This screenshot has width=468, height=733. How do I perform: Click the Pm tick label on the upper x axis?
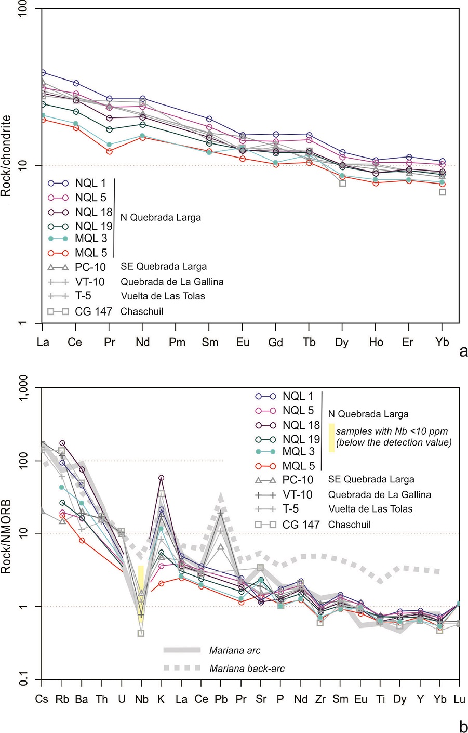click(177, 342)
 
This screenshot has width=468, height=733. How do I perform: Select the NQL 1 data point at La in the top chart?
click(43, 73)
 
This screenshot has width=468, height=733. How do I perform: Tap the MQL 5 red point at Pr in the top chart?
click(109, 151)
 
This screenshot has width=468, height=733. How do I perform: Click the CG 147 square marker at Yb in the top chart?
click(443, 192)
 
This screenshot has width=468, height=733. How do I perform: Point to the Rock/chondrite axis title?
click(6, 156)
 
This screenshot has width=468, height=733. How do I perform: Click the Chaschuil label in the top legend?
click(142, 311)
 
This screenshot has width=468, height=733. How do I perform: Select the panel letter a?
click(463, 352)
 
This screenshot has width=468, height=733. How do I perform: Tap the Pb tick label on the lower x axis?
click(221, 699)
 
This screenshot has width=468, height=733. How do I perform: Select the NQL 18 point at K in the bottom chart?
click(161, 478)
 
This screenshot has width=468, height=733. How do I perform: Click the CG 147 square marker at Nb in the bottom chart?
click(141, 633)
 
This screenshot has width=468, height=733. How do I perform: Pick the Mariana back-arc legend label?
click(247, 669)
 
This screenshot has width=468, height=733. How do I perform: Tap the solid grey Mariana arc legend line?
click(182, 650)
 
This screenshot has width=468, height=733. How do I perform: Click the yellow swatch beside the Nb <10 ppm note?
click(331, 437)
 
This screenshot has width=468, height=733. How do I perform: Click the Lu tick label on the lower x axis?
click(459, 699)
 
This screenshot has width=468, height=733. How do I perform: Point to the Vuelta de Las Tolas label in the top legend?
click(163, 296)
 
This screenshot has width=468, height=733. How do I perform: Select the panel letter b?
click(463, 726)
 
